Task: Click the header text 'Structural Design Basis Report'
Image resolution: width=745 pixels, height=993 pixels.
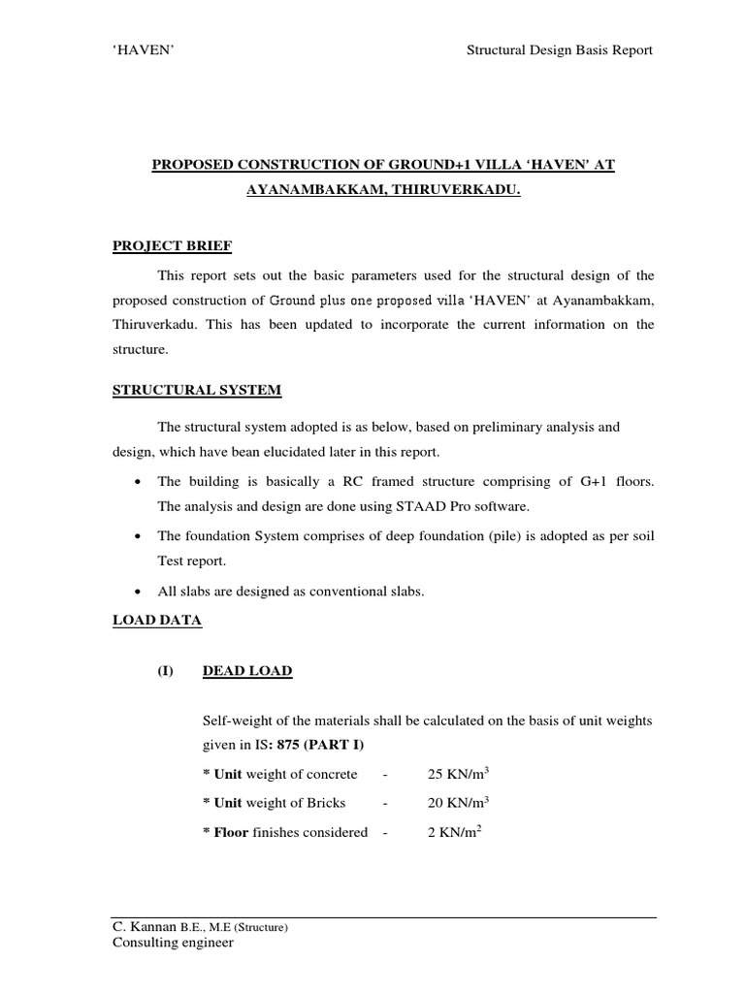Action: tap(560, 50)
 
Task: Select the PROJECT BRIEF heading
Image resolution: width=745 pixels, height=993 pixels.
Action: tap(173, 246)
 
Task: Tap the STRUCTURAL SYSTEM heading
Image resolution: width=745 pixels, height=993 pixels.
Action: tap(197, 390)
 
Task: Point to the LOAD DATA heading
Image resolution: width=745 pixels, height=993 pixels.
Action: tap(157, 622)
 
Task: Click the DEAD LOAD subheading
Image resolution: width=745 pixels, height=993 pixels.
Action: tap(247, 671)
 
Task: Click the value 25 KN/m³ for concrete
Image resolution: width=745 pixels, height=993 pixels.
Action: tap(457, 773)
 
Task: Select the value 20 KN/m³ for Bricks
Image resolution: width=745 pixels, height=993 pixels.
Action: tap(457, 802)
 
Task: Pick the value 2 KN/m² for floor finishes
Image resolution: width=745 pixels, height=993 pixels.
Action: tap(453, 831)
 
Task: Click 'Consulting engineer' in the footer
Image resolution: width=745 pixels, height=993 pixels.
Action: tap(174, 943)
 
